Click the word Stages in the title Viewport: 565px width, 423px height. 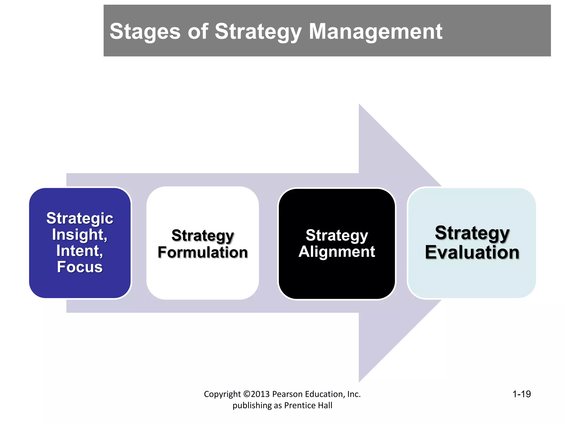tap(145, 32)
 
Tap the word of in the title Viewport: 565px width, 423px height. tap(198, 32)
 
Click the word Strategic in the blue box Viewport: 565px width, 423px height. tap(80, 219)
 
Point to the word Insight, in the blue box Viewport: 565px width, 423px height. tap(80, 235)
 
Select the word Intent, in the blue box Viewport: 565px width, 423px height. tap(80, 251)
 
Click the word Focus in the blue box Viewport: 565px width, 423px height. tap(80, 267)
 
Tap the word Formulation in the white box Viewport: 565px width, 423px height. tap(203, 252)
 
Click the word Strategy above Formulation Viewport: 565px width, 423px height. tap(203, 236)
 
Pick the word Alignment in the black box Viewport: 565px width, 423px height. tap(337, 252)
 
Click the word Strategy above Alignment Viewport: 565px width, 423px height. tap(337, 235)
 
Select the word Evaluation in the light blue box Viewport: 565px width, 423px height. tap(472, 252)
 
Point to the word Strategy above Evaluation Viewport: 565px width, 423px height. tap(472, 233)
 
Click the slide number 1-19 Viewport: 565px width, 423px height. tap(521, 394)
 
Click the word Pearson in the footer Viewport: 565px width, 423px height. tap(287, 394)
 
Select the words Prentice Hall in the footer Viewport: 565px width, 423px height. tap(308, 405)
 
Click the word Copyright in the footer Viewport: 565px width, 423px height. tap(222, 394)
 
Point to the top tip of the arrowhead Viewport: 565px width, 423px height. tap(359, 105)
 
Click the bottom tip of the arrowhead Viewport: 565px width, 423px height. tap(359, 381)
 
